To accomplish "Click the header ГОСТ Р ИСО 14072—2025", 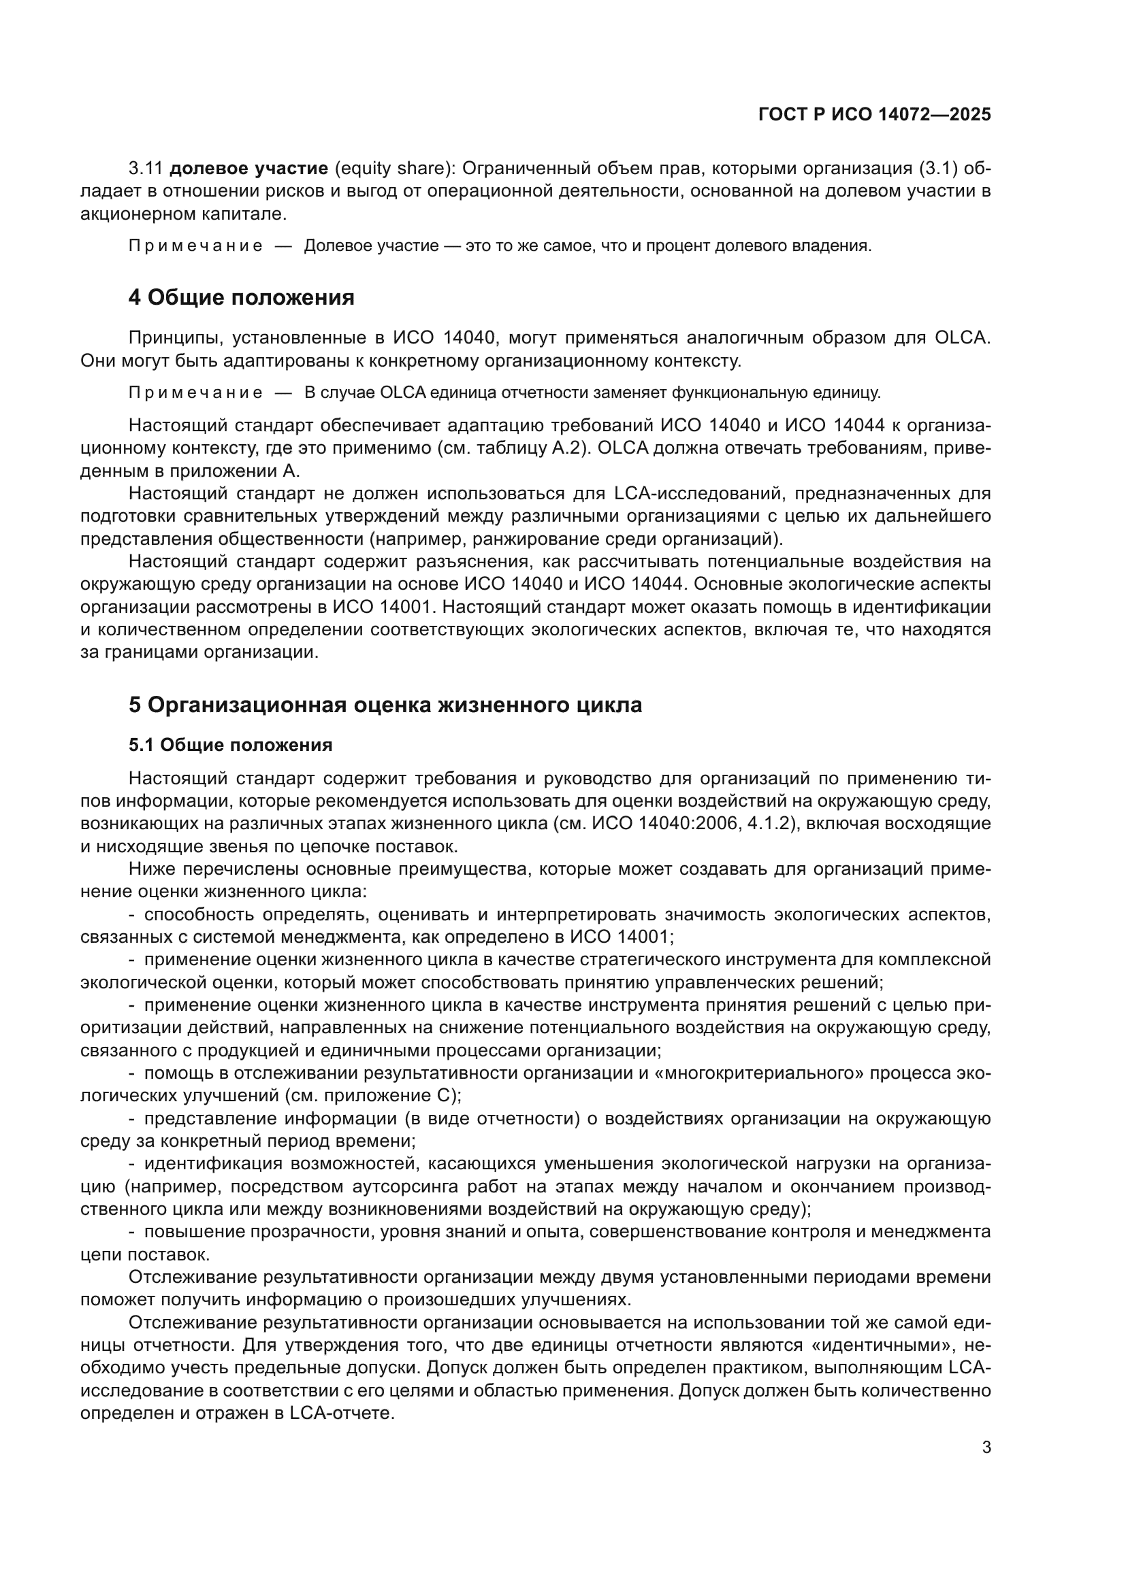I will [874, 115].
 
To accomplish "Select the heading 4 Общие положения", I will [241, 297].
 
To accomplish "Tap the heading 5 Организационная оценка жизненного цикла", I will [385, 705].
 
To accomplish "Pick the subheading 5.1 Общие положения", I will [230, 745].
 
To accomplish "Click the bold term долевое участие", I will [248, 169].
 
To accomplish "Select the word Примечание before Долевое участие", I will [195, 246].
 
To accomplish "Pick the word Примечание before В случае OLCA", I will [195, 393].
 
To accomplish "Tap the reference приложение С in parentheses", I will [385, 1096].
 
